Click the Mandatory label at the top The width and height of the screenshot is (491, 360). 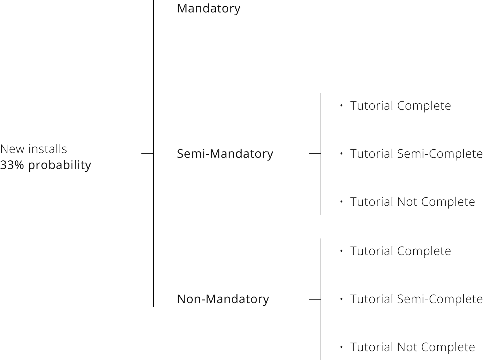point(208,9)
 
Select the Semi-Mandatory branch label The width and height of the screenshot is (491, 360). point(225,154)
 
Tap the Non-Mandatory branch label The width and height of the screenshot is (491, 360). point(223,299)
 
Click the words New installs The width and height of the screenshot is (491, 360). point(33,149)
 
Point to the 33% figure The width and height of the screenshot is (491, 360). point(12,165)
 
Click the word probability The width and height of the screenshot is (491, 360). point(60,165)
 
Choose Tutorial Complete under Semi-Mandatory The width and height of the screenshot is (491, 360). point(400,106)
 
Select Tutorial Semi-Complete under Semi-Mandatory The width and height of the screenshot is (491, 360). point(416,154)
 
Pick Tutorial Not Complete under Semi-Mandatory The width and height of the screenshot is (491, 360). point(412,202)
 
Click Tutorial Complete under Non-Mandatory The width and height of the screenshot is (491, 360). point(400,251)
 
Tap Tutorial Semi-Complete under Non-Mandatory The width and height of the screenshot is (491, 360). point(416,299)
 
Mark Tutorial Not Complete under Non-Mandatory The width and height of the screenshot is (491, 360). point(412,347)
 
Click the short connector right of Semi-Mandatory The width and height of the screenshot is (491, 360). point(315,153)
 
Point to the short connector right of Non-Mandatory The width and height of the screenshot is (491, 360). point(315,299)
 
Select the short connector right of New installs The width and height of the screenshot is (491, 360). point(147,153)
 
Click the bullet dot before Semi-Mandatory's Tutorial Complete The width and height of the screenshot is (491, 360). point(341,105)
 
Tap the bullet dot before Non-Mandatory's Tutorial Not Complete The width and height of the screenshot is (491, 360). point(341,347)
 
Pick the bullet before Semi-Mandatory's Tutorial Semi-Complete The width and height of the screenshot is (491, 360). point(341,154)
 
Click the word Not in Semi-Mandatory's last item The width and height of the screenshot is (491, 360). point(407,202)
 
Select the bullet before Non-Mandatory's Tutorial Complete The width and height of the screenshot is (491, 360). point(341,251)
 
